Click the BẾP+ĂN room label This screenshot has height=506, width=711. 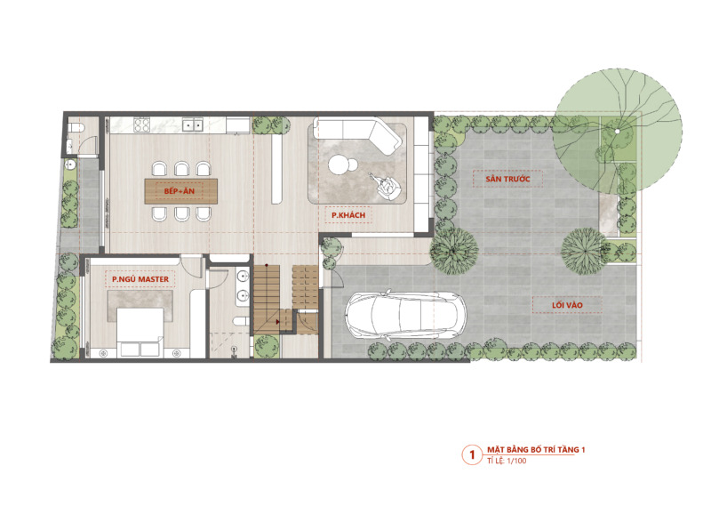click(x=180, y=191)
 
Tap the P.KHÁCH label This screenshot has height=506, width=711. click(x=348, y=215)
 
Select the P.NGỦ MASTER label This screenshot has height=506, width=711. click(x=140, y=279)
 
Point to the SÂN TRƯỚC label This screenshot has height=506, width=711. click(x=507, y=179)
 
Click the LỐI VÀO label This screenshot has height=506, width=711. click(x=567, y=305)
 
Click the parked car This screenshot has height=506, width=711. click(x=405, y=315)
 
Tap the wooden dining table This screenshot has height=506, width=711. click(x=181, y=191)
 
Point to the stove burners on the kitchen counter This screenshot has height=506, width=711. click(x=141, y=124)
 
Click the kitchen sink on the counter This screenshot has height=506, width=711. click(x=193, y=124)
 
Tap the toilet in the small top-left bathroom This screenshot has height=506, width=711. click(x=74, y=127)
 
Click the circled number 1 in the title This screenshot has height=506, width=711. click(x=472, y=454)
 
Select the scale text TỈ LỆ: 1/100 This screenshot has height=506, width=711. click(x=507, y=461)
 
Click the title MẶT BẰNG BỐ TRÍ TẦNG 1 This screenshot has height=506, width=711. click(x=536, y=450)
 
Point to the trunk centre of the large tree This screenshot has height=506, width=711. click(x=617, y=131)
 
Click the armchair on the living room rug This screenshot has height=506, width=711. click(x=387, y=186)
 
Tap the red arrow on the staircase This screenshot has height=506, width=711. click(x=277, y=322)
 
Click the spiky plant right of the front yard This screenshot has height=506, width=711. click(x=584, y=251)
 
